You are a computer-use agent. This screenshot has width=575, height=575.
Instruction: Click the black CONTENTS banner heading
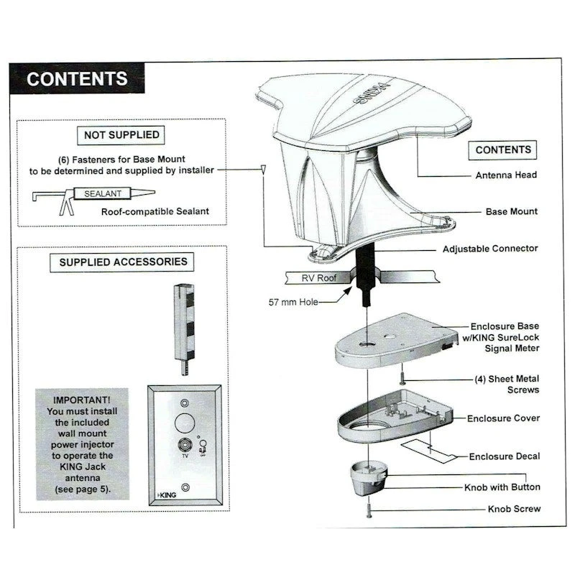(77, 78)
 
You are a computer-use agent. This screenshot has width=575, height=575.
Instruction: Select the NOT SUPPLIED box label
(121, 134)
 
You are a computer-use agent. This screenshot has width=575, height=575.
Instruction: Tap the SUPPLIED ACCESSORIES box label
(123, 262)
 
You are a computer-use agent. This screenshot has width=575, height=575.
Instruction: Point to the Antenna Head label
(506, 175)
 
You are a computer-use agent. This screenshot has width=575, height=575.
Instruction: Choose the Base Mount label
(512, 212)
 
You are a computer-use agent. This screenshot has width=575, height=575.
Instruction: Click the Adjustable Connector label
(490, 249)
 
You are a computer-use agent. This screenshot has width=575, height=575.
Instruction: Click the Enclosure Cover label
(503, 418)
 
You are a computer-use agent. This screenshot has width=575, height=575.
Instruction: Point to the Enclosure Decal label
(504, 456)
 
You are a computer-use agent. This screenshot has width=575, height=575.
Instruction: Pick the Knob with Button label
(502, 487)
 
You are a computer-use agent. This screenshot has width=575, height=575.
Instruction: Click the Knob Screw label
(514, 509)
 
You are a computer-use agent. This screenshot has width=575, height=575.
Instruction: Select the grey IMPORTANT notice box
(82, 443)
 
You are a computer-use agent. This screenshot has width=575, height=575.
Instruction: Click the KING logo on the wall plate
(167, 495)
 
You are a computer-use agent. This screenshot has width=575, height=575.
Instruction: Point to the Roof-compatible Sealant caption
(155, 211)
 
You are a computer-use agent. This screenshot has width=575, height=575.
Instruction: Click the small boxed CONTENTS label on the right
(503, 149)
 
